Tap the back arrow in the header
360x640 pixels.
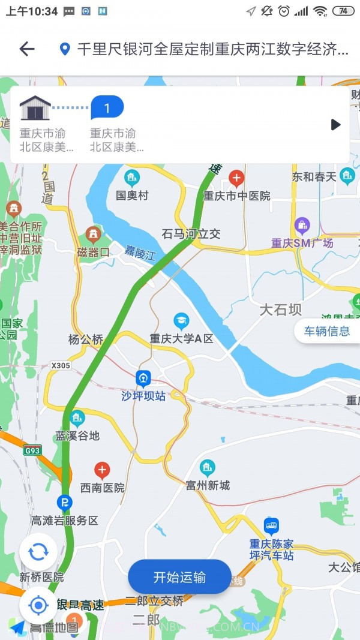click(x=27, y=49)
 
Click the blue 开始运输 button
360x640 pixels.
click(x=179, y=577)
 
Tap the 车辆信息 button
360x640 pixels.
click(x=326, y=331)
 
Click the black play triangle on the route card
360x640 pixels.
click(x=336, y=125)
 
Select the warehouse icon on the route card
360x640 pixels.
click(x=35, y=108)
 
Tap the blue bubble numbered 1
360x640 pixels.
click(x=107, y=108)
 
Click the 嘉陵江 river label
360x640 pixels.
click(x=140, y=254)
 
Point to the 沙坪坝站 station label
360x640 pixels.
click(x=143, y=396)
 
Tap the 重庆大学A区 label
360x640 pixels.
click(x=181, y=338)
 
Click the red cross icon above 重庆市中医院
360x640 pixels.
click(x=236, y=178)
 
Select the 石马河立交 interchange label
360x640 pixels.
click(x=191, y=234)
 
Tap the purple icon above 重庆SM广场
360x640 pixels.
click(x=302, y=226)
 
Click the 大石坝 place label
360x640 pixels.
click(x=280, y=310)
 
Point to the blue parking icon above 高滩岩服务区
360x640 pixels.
click(x=64, y=502)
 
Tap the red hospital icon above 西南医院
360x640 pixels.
click(x=103, y=470)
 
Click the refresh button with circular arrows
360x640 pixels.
click(x=38, y=552)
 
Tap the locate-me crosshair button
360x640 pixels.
click(x=38, y=605)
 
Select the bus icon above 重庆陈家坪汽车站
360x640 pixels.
click(x=271, y=527)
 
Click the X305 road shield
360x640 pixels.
click(x=61, y=365)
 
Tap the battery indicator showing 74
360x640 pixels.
click(x=343, y=11)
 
